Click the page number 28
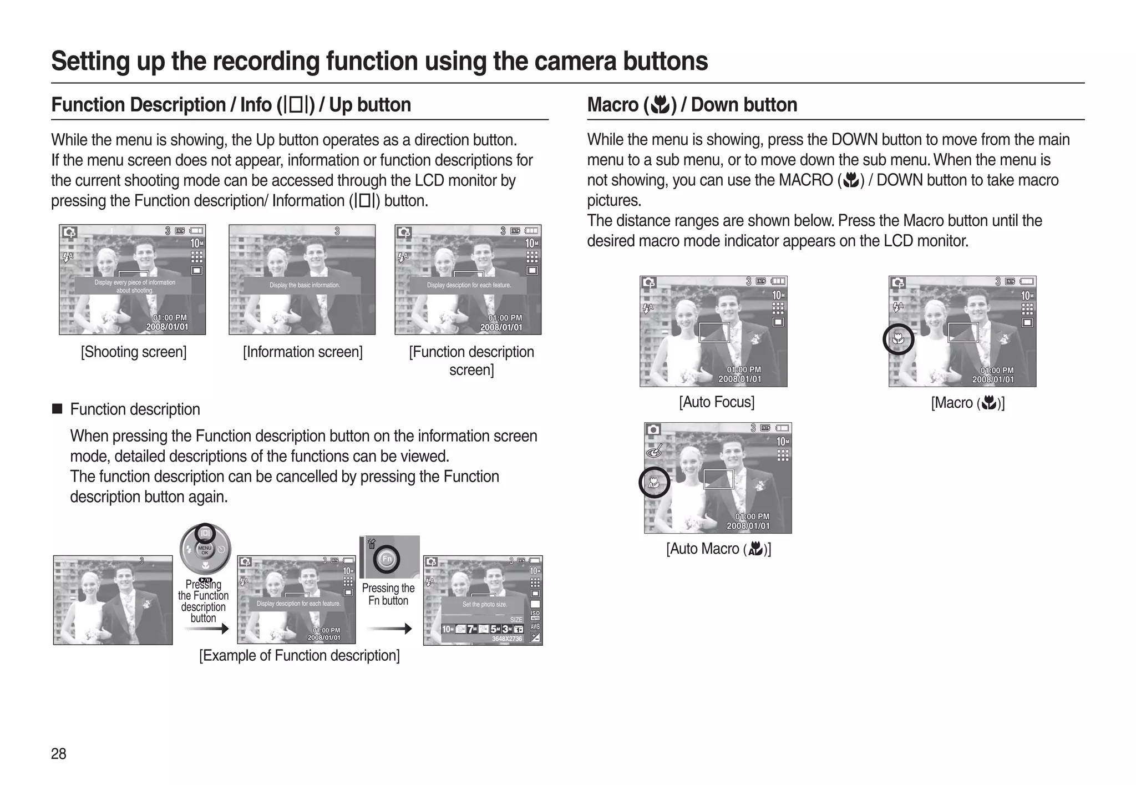(x=58, y=753)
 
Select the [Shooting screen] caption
(x=134, y=352)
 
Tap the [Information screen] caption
(x=302, y=352)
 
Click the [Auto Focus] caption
(x=717, y=402)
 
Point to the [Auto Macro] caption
(x=718, y=549)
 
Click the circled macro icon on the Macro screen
(x=898, y=338)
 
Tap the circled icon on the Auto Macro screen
(x=654, y=483)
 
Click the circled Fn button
(x=387, y=559)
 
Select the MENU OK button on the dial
(x=205, y=550)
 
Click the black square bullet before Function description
(x=57, y=409)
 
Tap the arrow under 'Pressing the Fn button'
(x=389, y=629)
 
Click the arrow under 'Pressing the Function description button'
(x=206, y=629)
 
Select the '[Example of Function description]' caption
(x=299, y=655)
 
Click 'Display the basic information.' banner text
(x=305, y=285)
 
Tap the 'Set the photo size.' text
(x=484, y=604)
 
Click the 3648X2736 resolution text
(x=507, y=639)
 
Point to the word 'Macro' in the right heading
(x=612, y=105)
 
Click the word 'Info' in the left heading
(x=256, y=105)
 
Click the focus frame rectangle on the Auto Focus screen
(x=713, y=332)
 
